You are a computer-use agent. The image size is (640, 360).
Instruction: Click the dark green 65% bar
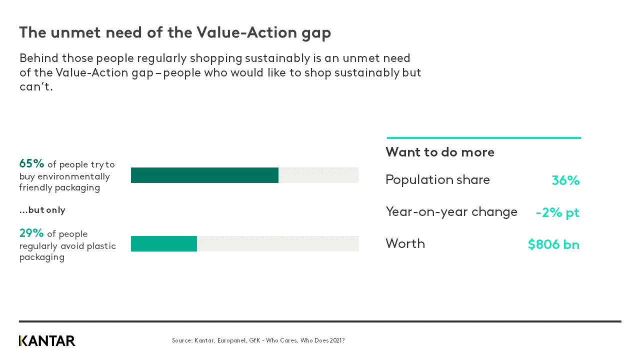(x=204, y=175)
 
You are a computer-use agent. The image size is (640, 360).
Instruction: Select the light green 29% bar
(x=164, y=243)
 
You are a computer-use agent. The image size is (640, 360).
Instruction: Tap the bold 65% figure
(x=32, y=163)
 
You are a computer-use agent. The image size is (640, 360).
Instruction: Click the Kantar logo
(x=47, y=341)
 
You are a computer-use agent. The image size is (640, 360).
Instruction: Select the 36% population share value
(x=565, y=180)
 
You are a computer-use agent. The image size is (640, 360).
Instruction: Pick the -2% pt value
(x=557, y=212)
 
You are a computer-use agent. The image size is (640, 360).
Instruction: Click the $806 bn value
(x=553, y=244)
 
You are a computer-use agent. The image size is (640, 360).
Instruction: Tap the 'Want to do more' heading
(x=440, y=152)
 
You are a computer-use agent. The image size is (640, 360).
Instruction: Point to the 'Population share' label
(x=437, y=180)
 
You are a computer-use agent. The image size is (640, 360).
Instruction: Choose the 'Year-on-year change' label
(x=451, y=212)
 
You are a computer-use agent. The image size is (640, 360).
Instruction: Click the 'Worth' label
(x=405, y=244)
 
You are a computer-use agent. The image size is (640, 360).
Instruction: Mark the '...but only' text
(x=42, y=210)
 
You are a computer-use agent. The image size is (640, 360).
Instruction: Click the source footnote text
(x=258, y=340)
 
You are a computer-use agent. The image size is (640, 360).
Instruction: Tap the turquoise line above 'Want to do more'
(x=483, y=138)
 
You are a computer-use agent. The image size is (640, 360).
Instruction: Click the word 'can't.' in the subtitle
(x=36, y=87)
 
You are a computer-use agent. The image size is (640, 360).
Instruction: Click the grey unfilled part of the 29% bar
(x=277, y=243)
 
